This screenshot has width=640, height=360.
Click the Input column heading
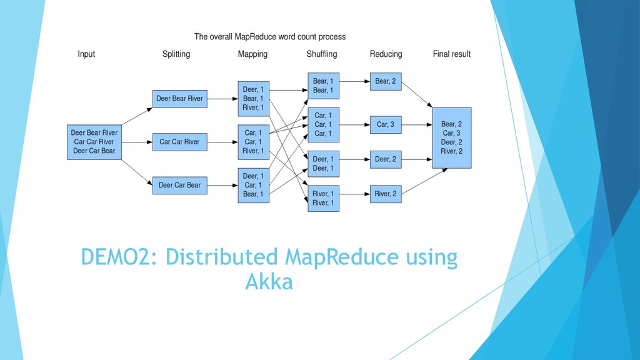(86, 54)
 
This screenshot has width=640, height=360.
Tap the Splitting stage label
(176, 54)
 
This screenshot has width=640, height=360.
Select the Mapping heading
(252, 54)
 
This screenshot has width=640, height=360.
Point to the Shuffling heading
(322, 54)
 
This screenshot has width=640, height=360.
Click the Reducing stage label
(386, 54)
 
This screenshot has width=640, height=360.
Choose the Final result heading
(452, 54)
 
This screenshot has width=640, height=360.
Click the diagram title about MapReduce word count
(270, 37)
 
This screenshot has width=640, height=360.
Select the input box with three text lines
(94, 142)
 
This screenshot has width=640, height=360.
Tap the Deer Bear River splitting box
(179, 99)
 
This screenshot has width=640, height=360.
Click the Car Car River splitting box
(179, 142)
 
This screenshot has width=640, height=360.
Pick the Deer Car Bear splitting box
(179, 185)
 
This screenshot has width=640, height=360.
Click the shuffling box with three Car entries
(323, 125)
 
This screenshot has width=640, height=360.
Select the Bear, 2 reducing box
(386, 82)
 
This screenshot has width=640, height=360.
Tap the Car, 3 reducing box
(386, 125)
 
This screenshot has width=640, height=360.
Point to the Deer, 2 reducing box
(386, 159)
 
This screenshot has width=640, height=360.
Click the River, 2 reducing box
(386, 194)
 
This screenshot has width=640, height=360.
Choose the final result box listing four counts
(452, 138)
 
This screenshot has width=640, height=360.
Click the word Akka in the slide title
(269, 282)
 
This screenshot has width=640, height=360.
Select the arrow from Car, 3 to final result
(417, 125)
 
